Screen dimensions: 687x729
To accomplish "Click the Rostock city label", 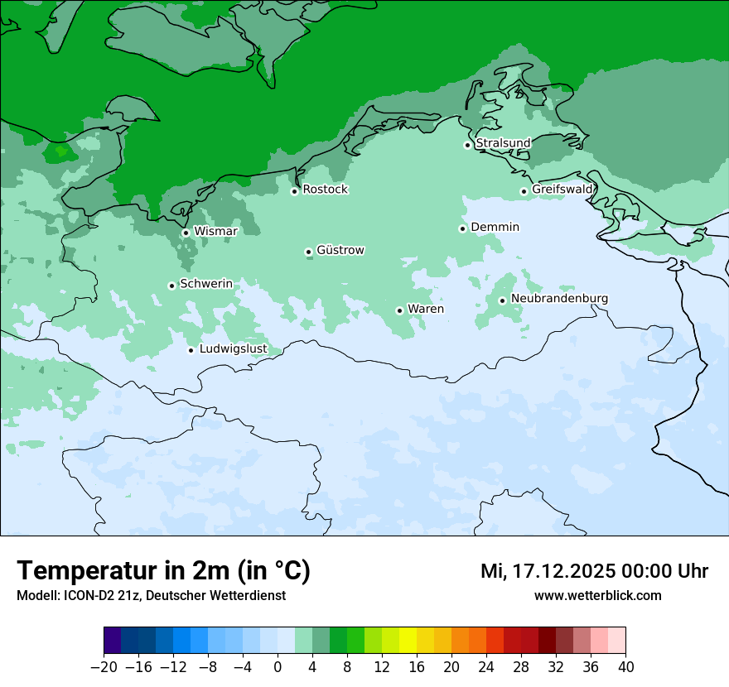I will click(325, 190).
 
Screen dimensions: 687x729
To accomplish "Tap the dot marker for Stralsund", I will click(467, 145).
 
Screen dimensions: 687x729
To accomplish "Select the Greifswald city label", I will click(562, 190).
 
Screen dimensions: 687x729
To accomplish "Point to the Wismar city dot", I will click(186, 233).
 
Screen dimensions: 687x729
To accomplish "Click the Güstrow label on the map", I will click(340, 250).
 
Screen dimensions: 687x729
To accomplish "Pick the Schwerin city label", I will click(206, 284).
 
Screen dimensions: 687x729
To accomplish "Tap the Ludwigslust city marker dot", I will click(191, 350).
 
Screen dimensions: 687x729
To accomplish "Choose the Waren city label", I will click(425, 310).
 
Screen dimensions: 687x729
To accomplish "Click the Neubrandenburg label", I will click(559, 298).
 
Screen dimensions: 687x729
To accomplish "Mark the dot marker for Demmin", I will click(462, 228).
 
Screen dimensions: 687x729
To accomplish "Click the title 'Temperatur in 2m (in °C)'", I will click(163, 571).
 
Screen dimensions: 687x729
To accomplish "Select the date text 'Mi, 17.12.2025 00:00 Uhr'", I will click(594, 571).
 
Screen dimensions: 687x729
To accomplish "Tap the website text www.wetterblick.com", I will click(597, 595).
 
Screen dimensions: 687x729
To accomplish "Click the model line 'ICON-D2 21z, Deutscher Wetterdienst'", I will click(151, 595).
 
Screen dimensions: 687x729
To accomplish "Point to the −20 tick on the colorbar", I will click(104, 667).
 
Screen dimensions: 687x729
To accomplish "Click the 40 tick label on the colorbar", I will click(625, 667).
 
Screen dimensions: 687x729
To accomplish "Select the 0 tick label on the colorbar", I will click(278, 667).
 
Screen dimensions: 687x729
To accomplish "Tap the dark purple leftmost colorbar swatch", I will click(113, 641).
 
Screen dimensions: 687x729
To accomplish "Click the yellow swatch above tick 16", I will click(408, 641).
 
